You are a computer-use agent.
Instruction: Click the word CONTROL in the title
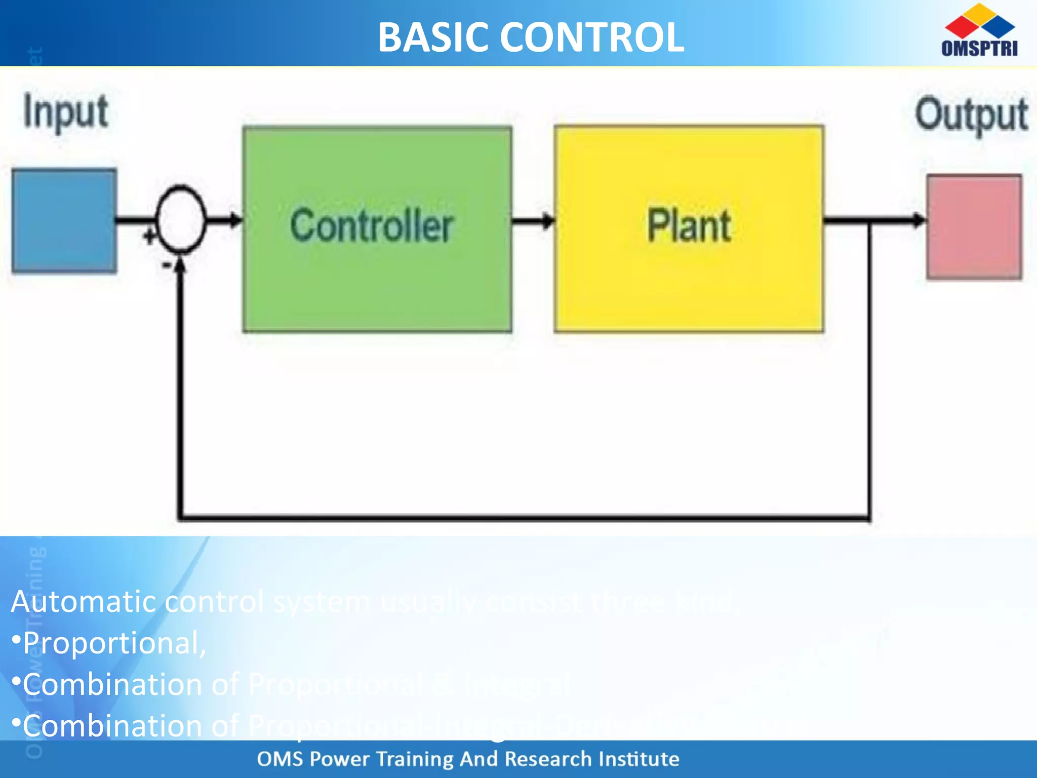(592, 37)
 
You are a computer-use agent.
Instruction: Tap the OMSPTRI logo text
(979, 48)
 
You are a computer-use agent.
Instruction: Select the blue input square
(64, 221)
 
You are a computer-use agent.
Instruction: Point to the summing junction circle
(181, 219)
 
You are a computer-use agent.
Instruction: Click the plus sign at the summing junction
(149, 236)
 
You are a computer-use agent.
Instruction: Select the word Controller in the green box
(372, 225)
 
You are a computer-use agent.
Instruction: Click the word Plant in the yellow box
(689, 225)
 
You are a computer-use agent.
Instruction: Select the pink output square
(974, 226)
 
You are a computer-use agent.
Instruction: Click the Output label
(971, 114)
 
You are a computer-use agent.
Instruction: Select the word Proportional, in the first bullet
(114, 643)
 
